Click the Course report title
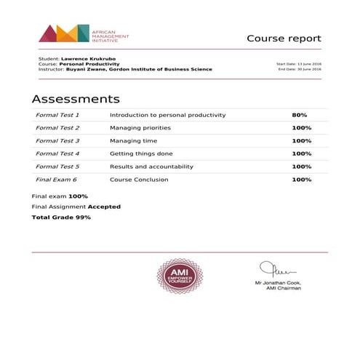pos(284,39)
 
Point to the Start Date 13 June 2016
pos(299,64)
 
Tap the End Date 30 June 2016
pos(300,69)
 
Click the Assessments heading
pos(76,99)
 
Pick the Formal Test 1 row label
pos(57,115)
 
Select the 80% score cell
pos(300,115)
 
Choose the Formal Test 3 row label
pos(57,140)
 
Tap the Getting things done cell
pos(142,153)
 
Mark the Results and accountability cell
pos(152,167)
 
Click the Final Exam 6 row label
pos(56,180)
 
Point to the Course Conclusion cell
pos(139,180)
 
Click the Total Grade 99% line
pos(61,217)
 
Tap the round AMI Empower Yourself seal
pos(180,277)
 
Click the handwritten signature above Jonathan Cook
pos(276,268)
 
